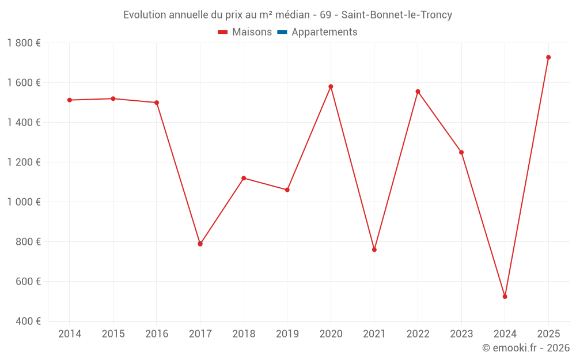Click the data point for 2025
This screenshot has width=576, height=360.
[548, 57]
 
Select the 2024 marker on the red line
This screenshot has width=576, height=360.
[505, 297]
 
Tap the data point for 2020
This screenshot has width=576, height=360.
[331, 86]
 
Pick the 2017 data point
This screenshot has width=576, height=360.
[200, 244]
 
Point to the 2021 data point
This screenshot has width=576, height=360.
[374, 249]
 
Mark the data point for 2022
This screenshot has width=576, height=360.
[418, 92]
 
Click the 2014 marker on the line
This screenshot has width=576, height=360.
[70, 100]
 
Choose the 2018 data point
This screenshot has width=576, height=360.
[244, 178]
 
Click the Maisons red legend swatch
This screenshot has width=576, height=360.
[223, 32]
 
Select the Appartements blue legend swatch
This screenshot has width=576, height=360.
[282, 32]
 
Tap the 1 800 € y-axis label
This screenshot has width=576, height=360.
[24, 43]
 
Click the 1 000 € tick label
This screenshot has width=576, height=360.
[24, 202]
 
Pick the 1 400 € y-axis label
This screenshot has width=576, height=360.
[24, 123]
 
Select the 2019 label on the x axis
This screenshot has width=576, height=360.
[287, 334]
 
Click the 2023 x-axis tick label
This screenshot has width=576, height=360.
[461, 334]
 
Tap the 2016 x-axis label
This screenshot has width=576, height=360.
[157, 334]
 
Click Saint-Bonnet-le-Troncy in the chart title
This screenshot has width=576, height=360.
[397, 15]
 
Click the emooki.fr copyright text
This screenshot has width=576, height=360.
[526, 348]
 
